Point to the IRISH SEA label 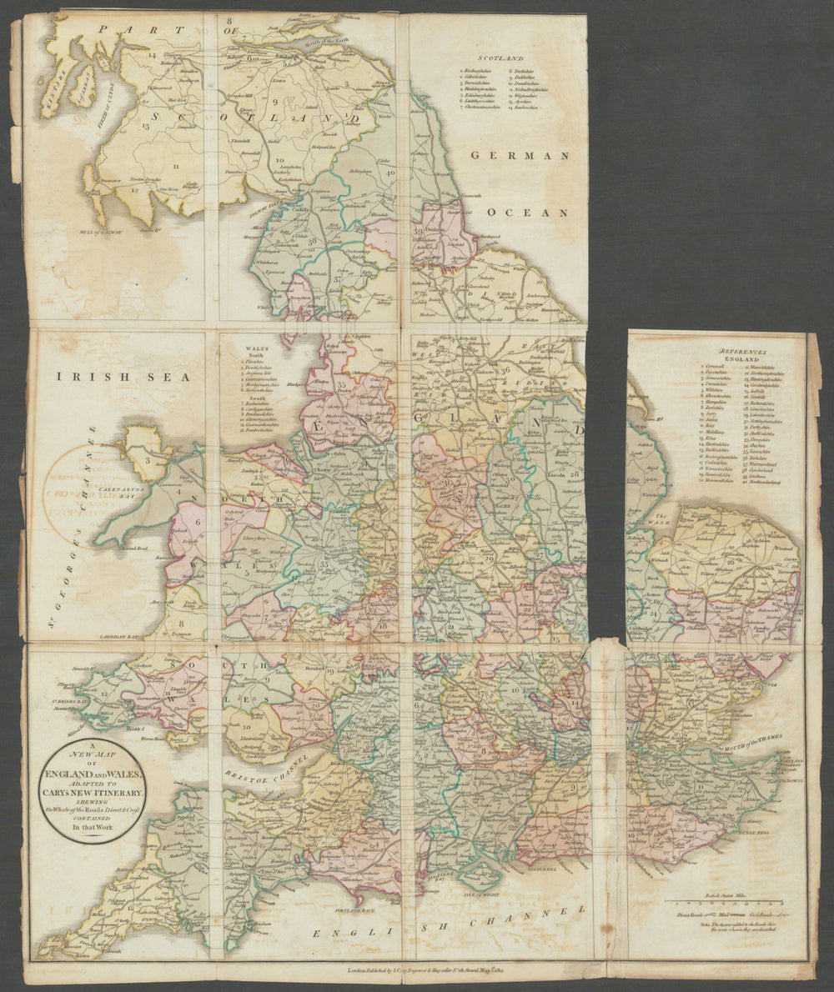tap(124, 377)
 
